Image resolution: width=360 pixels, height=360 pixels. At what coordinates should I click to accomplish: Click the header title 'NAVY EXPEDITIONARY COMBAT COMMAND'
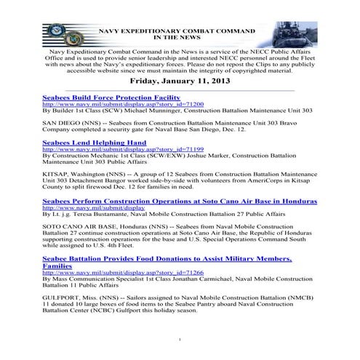(x=177, y=31)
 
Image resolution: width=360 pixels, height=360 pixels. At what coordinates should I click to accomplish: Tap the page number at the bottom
(x=180, y=340)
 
